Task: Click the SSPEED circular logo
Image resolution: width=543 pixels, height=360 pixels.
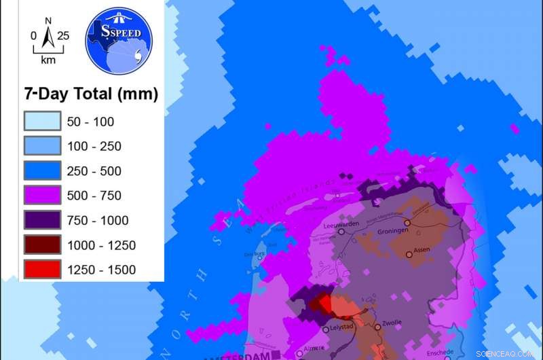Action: (x=119, y=42)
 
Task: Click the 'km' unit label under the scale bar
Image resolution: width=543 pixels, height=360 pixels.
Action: (x=48, y=60)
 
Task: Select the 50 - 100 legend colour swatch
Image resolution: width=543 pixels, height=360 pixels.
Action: (x=42, y=122)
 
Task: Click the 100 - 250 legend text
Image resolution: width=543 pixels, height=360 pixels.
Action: (x=94, y=146)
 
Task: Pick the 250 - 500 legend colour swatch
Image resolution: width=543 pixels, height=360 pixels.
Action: (x=42, y=170)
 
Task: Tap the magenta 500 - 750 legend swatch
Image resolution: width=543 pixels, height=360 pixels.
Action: (x=42, y=195)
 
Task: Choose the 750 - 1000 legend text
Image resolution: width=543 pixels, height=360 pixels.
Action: (x=98, y=220)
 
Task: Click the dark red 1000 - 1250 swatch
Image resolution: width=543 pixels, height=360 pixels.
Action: (x=42, y=245)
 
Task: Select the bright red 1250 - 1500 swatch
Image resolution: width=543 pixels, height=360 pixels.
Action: (x=42, y=269)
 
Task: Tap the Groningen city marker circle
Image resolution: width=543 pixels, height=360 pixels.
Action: (x=408, y=223)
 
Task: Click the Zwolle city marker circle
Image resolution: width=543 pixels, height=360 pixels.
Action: (x=378, y=326)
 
